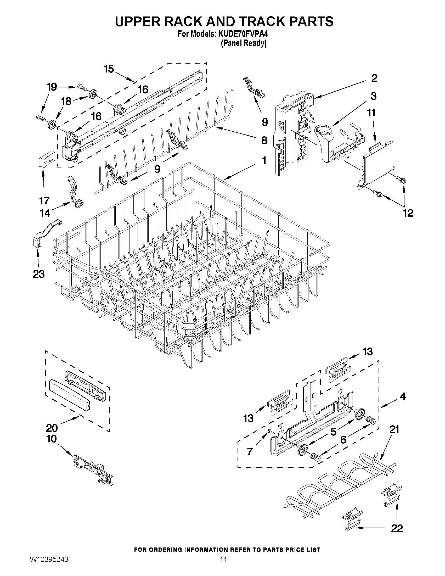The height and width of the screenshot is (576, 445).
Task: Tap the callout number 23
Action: tap(39, 274)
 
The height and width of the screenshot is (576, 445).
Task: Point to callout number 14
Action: tap(45, 213)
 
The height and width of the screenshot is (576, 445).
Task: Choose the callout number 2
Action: tap(374, 78)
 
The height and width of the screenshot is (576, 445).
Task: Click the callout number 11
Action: tap(371, 113)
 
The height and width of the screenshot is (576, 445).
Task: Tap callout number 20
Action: tap(52, 428)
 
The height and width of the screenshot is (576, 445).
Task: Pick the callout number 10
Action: tap(52, 439)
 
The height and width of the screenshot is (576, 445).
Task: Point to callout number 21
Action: tap(395, 430)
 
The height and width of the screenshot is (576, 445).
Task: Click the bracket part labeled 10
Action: tap(94, 469)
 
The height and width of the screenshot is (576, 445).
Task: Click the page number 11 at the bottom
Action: tap(223, 566)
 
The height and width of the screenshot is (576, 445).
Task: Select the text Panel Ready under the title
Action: tap(243, 43)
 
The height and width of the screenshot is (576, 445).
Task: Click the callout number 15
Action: tap(109, 69)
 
